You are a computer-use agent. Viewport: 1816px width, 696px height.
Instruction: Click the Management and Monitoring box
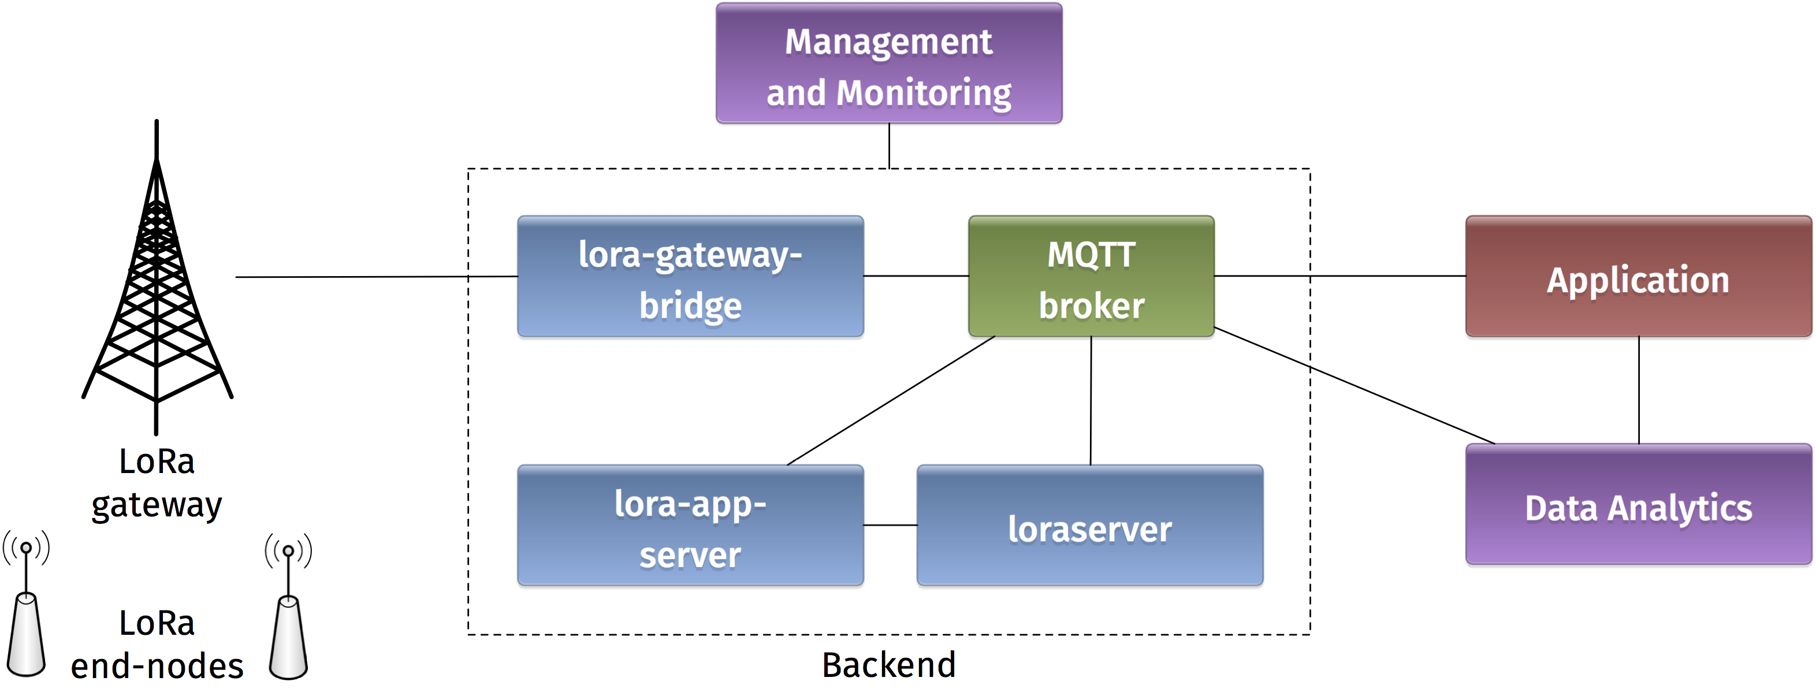(889, 64)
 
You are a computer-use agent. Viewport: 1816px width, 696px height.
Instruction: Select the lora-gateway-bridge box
(690, 277)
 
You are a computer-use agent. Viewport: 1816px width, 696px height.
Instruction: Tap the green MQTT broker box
(1091, 277)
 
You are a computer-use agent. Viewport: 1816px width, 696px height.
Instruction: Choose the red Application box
(1638, 277)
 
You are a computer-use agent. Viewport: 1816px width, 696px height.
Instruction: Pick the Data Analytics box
(1638, 504)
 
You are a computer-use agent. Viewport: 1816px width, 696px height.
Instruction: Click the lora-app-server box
(690, 526)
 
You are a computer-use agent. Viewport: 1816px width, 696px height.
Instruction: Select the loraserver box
(1090, 526)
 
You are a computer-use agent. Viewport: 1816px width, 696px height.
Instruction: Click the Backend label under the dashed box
(888, 665)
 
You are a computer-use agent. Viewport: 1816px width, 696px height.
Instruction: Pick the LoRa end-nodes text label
(157, 645)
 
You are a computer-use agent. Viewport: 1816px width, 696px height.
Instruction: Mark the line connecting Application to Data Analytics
(1638, 390)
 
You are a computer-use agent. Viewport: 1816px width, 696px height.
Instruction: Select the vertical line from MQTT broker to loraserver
(1091, 400)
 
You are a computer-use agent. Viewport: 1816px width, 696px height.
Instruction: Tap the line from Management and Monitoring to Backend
(889, 146)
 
